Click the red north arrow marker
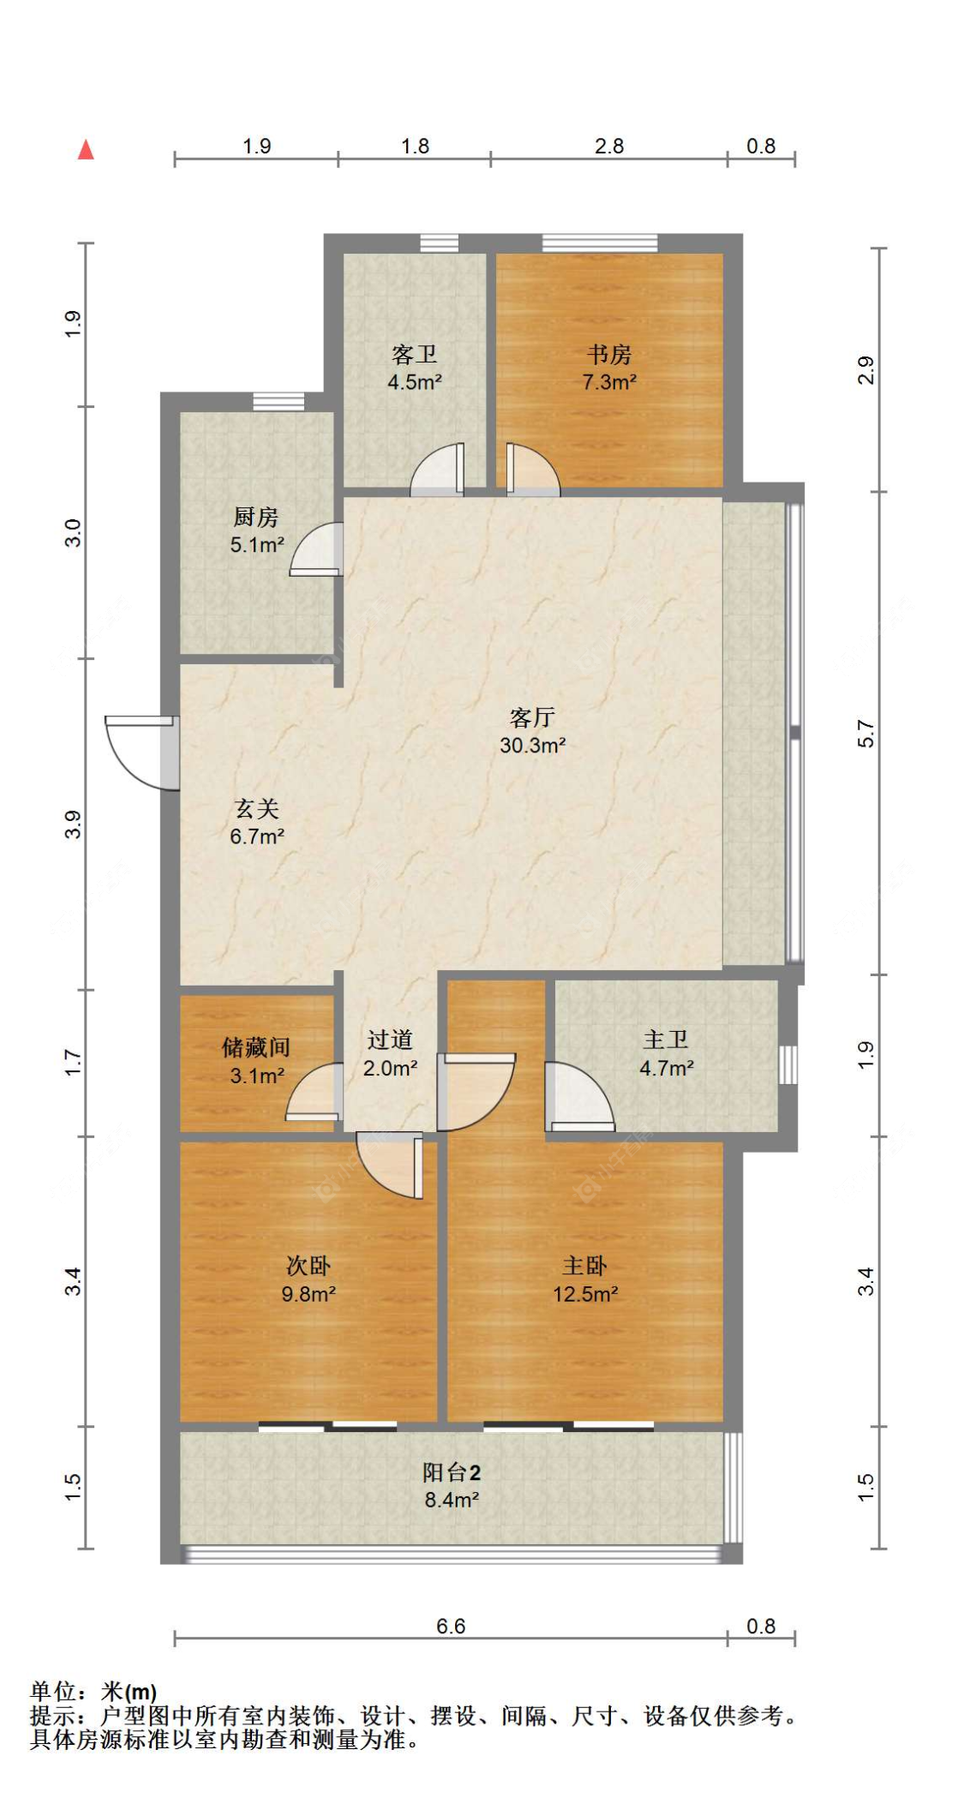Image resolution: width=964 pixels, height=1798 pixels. click(86, 150)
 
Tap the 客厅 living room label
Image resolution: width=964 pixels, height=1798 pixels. click(532, 716)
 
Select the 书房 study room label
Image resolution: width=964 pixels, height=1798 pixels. click(609, 354)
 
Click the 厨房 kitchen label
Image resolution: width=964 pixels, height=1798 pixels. click(256, 517)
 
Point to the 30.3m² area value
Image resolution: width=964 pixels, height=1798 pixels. click(532, 746)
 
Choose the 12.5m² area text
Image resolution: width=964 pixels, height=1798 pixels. click(584, 1294)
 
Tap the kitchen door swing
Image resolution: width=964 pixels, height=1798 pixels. click(316, 548)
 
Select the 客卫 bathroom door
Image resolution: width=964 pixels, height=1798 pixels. click(437, 470)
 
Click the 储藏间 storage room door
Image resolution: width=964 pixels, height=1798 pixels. click(314, 1091)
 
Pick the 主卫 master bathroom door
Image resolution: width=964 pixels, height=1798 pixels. click(579, 1096)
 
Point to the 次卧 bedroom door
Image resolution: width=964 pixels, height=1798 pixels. click(390, 1165)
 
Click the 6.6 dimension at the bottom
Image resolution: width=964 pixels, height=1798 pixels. click(451, 1626)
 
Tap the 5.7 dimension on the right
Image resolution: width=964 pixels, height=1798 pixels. click(865, 734)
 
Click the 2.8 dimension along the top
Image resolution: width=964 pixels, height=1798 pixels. click(609, 146)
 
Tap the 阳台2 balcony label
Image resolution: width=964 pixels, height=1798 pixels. click(452, 1472)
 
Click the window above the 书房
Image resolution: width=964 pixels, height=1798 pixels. click(600, 243)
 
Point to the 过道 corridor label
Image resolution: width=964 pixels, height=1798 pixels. click(390, 1040)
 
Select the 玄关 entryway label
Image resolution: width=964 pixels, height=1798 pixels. click(256, 808)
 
